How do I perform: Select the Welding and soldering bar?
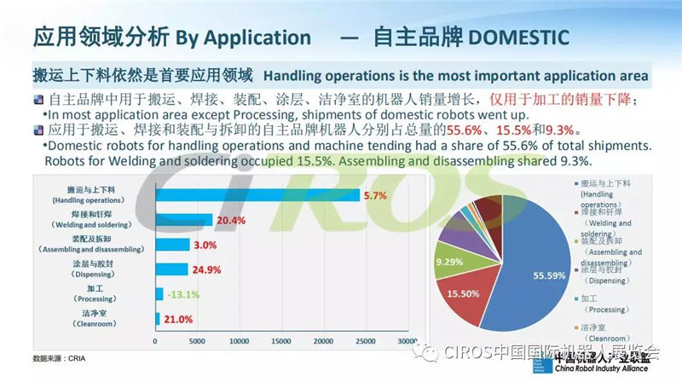(183, 219)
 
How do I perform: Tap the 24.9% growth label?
(207, 269)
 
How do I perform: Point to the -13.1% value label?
(182, 294)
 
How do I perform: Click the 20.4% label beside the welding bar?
(232, 219)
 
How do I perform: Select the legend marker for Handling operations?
(575, 182)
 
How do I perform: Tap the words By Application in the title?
(243, 38)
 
